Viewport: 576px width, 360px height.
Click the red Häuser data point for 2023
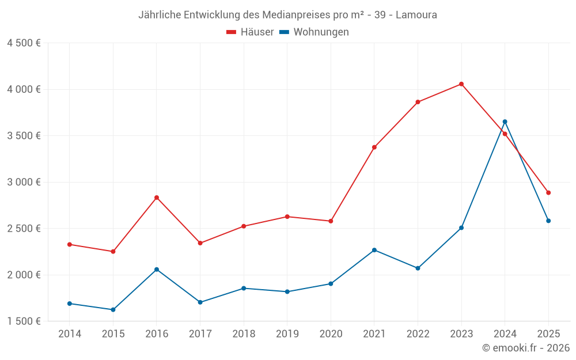(461, 84)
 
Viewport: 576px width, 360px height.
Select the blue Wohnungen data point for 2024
(505, 122)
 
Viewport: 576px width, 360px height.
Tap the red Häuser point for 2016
(157, 198)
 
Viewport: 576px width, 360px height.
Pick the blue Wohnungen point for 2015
(113, 310)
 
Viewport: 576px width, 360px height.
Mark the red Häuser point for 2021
(374, 147)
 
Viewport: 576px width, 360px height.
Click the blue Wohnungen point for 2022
(418, 268)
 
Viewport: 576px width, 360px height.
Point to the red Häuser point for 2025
(548, 193)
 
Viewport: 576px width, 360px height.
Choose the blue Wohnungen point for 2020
(331, 284)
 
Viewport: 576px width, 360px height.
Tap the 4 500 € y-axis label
(24, 43)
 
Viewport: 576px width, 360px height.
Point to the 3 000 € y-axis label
(24, 182)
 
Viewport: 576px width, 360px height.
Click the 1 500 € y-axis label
(24, 321)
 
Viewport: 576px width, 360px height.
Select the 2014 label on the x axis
(70, 334)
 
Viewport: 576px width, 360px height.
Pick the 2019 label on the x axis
(287, 334)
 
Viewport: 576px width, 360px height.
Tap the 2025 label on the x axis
(548, 334)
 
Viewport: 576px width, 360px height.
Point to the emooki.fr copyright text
(526, 347)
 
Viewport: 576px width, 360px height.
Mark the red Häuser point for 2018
(244, 226)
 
